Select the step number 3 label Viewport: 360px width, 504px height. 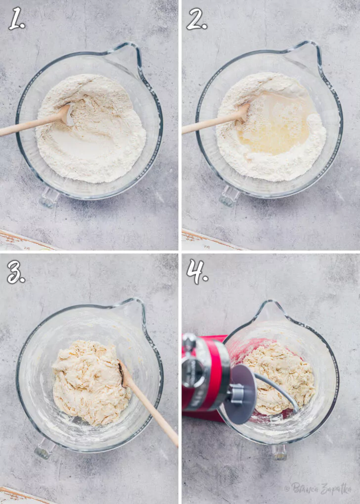[x=16, y=272]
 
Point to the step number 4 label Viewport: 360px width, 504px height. [x=197, y=272]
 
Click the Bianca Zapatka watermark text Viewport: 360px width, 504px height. [x=318, y=488]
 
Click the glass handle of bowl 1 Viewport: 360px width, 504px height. [x=49, y=197]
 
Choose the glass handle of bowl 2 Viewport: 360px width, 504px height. [x=229, y=196]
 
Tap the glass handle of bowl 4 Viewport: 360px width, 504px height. [x=279, y=452]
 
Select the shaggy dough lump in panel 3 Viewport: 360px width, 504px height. [x=91, y=382]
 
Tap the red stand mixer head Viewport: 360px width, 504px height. [x=206, y=376]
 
